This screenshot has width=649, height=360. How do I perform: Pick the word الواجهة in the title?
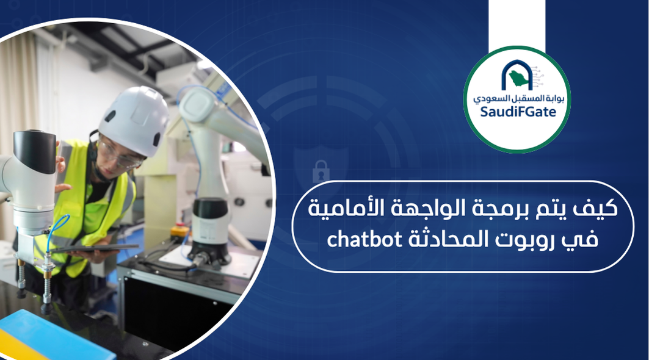pyautogui.click(x=430, y=210)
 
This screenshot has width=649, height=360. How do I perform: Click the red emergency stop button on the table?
pyautogui.click(x=179, y=231)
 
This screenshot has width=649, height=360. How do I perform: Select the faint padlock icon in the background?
pyautogui.click(x=321, y=171)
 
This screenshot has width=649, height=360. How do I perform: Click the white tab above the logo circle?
pyautogui.click(x=517, y=24)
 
